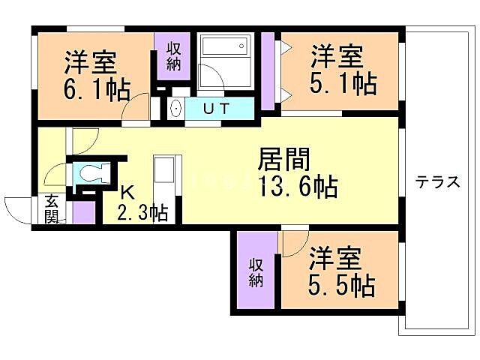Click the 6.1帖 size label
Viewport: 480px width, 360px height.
pos(95,88)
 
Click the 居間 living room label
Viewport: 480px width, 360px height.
pos(284,160)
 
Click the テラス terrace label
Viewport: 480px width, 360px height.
pos(437,182)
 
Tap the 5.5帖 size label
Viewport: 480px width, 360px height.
pos(342,284)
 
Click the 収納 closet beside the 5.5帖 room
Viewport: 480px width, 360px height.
pos(256,271)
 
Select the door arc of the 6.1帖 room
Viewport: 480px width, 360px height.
pos(135,109)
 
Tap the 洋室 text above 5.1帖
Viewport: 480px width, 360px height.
pos(337,58)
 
